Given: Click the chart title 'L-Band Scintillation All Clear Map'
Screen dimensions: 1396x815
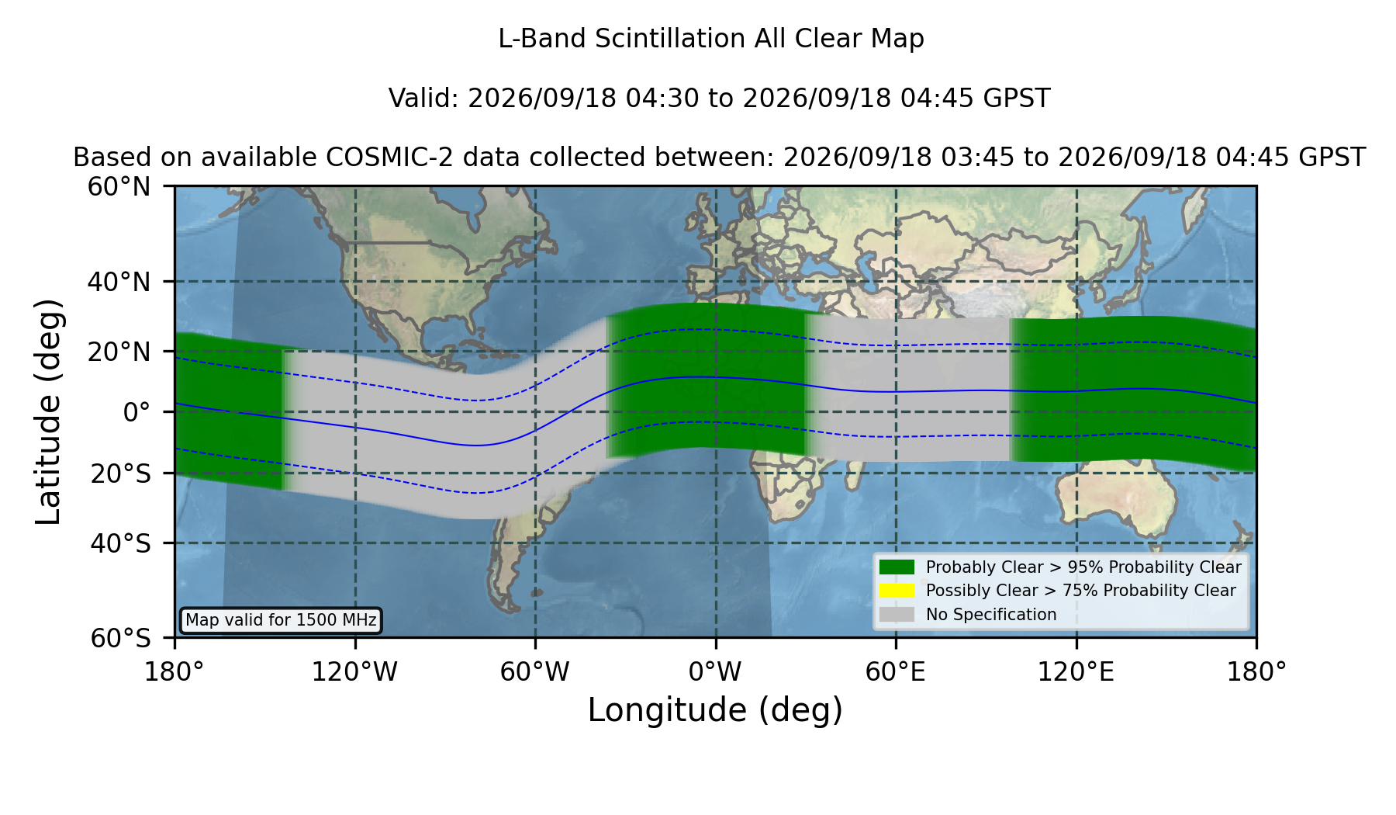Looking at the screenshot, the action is pyautogui.click(x=711, y=39).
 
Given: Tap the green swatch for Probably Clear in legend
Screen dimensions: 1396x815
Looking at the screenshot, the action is pyautogui.click(x=897, y=567).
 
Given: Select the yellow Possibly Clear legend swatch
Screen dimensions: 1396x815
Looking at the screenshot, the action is pyautogui.click(x=897, y=591).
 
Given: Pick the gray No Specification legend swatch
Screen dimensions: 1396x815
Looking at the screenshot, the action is pyautogui.click(x=897, y=615).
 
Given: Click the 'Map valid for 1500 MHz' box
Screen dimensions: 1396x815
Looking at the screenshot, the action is pyautogui.click(x=281, y=620).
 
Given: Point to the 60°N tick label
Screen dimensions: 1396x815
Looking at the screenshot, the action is pyautogui.click(x=119, y=186).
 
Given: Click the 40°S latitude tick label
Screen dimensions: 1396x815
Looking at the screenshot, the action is pyautogui.click(x=120, y=543).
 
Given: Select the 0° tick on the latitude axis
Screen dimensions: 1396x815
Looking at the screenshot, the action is pyautogui.click(x=136, y=411).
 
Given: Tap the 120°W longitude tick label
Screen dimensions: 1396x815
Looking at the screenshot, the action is pyautogui.click(x=354, y=672).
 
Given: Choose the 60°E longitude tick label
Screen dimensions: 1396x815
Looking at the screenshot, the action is pyautogui.click(x=896, y=672).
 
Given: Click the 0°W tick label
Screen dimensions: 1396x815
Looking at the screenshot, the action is pyautogui.click(x=715, y=672).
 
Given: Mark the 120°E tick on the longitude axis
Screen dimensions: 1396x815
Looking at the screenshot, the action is pyautogui.click(x=1076, y=672).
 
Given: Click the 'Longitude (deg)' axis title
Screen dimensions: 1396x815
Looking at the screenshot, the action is pyautogui.click(x=715, y=710).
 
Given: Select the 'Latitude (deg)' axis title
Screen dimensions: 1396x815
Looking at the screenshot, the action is pyautogui.click(x=49, y=411).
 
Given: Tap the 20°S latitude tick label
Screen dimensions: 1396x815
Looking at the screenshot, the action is pyautogui.click(x=120, y=473).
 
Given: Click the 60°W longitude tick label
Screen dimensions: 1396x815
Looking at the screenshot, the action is pyautogui.click(x=535, y=672).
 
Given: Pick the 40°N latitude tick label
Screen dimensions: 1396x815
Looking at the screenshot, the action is pyautogui.click(x=119, y=281).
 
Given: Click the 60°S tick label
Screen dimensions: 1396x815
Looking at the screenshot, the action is pyautogui.click(x=120, y=638).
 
